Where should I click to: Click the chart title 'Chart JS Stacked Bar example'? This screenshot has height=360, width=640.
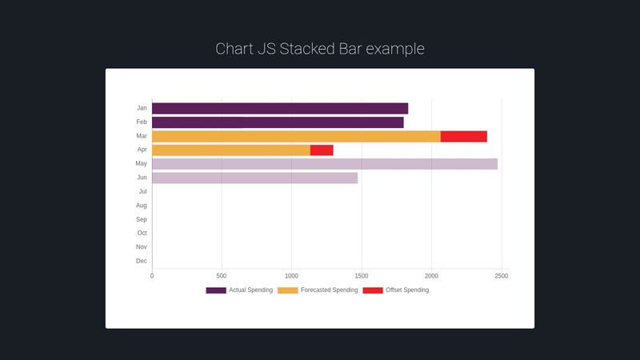pyautogui.click(x=320, y=49)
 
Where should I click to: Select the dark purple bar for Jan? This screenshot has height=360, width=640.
pyautogui.click(x=280, y=108)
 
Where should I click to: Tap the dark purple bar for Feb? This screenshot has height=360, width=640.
pyautogui.click(x=278, y=122)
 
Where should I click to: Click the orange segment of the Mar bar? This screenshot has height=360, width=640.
pyautogui.click(x=296, y=136)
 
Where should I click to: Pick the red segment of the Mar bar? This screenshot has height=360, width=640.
pyautogui.click(x=463, y=136)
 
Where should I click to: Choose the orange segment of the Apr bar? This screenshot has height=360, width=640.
pyautogui.click(x=231, y=150)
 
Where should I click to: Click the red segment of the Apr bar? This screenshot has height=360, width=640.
pyautogui.click(x=322, y=150)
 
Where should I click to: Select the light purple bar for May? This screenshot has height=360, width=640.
pyautogui.click(x=324, y=164)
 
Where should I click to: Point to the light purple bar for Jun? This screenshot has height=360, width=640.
pyautogui.click(x=254, y=178)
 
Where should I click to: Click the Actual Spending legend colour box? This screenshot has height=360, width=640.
pyautogui.click(x=216, y=290)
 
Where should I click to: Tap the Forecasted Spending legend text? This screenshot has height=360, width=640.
pyautogui.click(x=329, y=290)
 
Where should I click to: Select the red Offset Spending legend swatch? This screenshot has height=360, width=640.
pyautogui.click(x=373, y=290)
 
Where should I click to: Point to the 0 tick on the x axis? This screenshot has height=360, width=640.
pyautogui.click(x=152, y=276)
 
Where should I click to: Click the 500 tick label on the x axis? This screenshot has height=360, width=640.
pyautogui.click(x=222, y=276)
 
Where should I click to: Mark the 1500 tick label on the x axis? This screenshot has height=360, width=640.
pyautogui.click(x=362, y=276)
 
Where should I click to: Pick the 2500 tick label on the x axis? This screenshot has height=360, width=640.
pyautogui.click(x=501, y=276)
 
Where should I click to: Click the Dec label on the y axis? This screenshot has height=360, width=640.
pyautogui.click(x=142, y=261)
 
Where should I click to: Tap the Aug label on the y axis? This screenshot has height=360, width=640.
pyautogui.click(x=142, y=206)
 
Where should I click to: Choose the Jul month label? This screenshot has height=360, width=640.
pyautogui.click(x=142, y=191)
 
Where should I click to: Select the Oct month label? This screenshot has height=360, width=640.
pyautogui.click(x=142, y=233)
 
